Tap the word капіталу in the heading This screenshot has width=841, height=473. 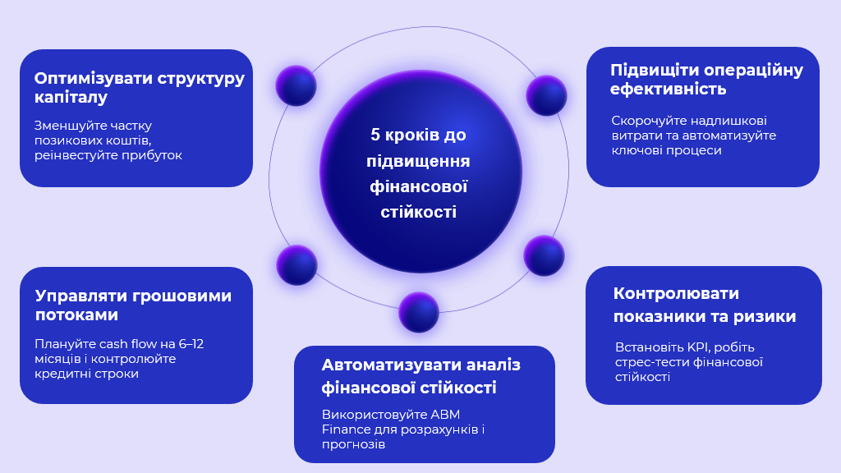click(x=71, y=98)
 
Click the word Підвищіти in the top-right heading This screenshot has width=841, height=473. click(x=654, y=71)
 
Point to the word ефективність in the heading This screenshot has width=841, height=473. click(x=668, y=89)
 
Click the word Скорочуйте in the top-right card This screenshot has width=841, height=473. click(x=646, y=122)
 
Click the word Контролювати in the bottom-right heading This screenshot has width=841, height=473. click(x=676, y=294)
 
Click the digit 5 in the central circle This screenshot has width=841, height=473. click(x=375, y=135)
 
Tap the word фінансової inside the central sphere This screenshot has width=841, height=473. click(x=418, y=186)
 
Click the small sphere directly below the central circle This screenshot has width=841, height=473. click(x=419, y=312)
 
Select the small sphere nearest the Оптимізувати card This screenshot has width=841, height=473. click(x=296, y=85)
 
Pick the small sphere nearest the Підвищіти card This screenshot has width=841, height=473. click(x=546, y=95)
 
